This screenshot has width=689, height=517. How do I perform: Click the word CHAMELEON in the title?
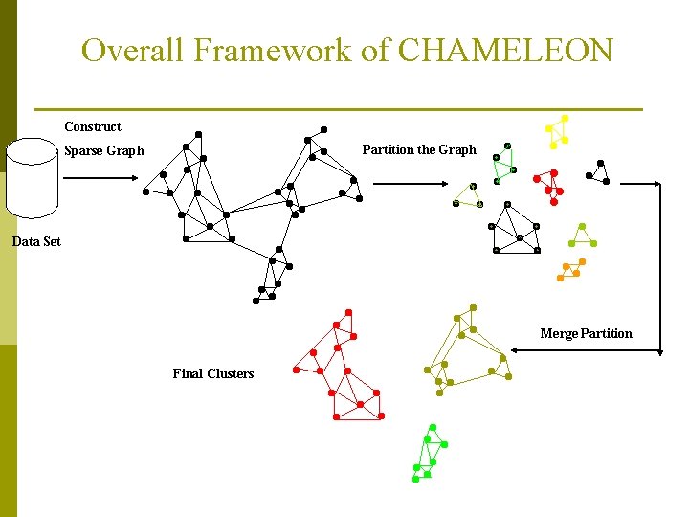504,50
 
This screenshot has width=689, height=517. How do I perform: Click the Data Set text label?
36,241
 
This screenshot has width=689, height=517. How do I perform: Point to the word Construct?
93,126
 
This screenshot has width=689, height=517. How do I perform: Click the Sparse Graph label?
103,150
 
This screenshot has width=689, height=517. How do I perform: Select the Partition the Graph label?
418,149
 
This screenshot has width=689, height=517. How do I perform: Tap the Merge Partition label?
586,333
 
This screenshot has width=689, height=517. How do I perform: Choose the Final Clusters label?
212,373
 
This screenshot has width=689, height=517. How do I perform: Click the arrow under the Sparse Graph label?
104,176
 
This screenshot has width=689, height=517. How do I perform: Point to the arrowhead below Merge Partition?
518,352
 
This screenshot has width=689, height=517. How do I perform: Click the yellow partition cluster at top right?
556,131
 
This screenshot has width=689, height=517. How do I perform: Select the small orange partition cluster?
570,270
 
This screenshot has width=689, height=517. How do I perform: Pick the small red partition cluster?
548,184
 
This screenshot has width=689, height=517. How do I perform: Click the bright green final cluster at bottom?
429,454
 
